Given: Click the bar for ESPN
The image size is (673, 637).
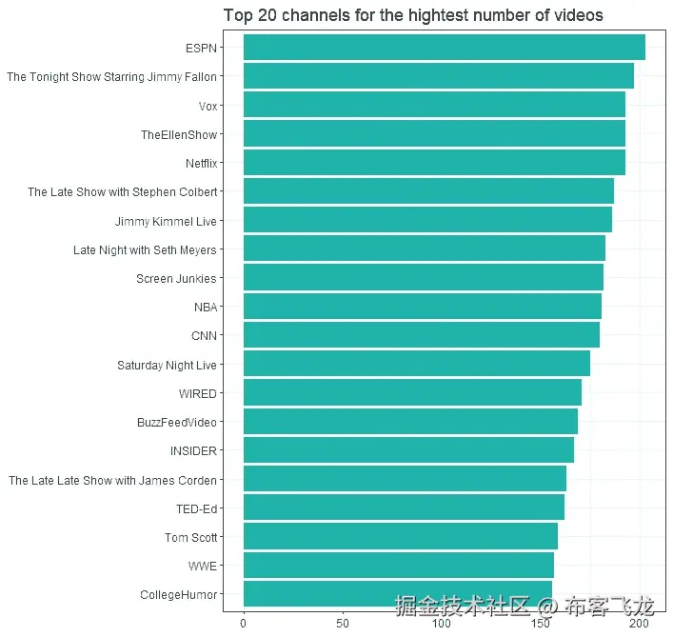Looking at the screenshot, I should [x=444, y=48].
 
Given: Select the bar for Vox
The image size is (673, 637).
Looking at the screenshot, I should [x=434, y=105].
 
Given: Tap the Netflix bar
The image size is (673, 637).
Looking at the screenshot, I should [x=434, y=163].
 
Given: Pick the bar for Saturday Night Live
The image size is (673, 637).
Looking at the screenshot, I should [x=416, y=365].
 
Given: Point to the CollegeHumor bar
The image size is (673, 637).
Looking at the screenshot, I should [x=397, y=595].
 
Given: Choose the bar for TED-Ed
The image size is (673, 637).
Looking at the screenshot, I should [x=404, y=508].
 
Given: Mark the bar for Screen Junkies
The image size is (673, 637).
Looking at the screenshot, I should [x=423, y=278].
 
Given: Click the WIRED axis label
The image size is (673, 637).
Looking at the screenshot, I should [x=198, y=393].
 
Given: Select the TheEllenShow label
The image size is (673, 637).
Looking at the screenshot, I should [x=179, y=134].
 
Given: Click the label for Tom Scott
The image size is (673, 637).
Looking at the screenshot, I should [x=190, y=537].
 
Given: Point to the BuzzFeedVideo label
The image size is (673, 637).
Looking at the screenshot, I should [x=177, y=422].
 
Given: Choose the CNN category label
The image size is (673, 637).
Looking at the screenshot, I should [x=205, y=336].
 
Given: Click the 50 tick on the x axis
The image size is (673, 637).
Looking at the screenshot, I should [x=342, y=624].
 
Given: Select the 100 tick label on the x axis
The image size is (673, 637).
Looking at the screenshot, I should [x=441, y=624].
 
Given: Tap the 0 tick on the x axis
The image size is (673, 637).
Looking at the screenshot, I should [x=244, y=624].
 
